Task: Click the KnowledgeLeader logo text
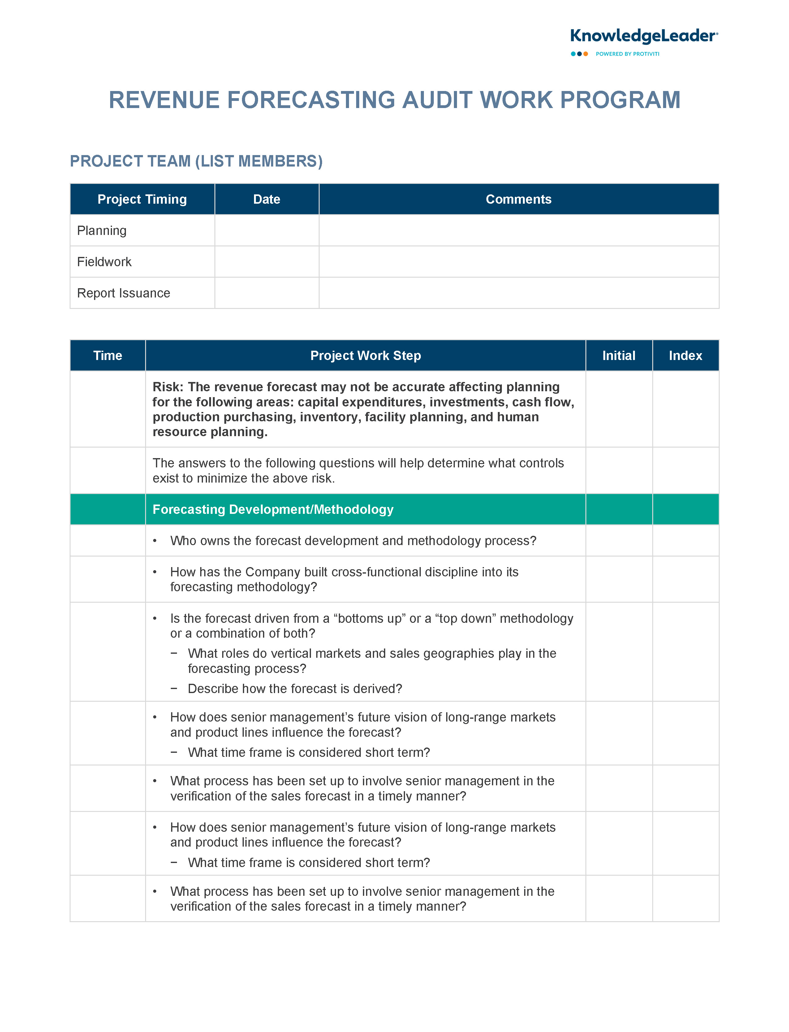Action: tap(643, 36)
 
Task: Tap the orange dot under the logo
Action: tap(586, 54)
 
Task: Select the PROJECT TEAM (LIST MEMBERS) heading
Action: tap(196, 161)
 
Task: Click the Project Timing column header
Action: tap(142, 199)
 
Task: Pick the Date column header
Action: tap(267, 199)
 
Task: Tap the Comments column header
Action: tap(519, 199)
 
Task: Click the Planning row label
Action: tap(102, 231)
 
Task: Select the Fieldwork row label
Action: tap(104, 262)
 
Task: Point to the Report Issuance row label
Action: tap(123, 293)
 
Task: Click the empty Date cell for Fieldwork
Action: tap(267, 262)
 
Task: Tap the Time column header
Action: tap(108, 356)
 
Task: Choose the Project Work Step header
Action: tap(365, 356)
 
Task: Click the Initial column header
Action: tap(619, 356)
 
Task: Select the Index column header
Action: tap(685, 356)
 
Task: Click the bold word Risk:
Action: tap(168, 387)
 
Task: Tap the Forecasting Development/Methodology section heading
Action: tap(273, 510)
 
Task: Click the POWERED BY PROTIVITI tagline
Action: tap(627, 54)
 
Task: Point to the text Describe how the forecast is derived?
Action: tap(295, 689)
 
